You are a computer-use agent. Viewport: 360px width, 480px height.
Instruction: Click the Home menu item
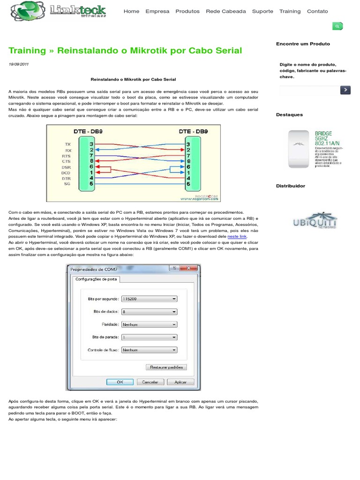click(x=131, y=11)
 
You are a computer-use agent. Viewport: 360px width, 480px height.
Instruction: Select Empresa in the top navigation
click(x=157, y=11)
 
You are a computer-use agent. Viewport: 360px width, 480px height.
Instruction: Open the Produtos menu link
click(x=187, y=11)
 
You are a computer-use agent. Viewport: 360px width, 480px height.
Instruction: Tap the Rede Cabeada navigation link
click(x=226, y=11)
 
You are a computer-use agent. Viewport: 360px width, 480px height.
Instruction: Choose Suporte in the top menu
click(x=262, y=11)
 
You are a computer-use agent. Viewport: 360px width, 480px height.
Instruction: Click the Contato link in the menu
click(x=317, y=11)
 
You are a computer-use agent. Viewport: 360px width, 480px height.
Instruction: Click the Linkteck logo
click(x=59, y=11)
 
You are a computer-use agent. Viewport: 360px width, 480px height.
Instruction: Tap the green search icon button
click(x=337, y=26)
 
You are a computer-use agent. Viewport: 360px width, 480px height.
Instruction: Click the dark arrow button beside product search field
click(x=345, y=90)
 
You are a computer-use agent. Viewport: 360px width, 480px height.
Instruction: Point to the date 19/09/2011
click(x=19, y=64)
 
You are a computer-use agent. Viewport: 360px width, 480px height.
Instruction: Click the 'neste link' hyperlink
click(x=237, y=237)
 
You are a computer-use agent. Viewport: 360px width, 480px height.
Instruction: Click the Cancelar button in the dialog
click(x=150, y=382)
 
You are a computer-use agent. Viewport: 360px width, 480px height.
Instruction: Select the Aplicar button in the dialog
click(x=180, y=382)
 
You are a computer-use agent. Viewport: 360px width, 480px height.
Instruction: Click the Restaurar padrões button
click(x=166, y=367)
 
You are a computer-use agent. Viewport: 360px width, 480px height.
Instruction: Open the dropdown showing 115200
click(x=149, y=299)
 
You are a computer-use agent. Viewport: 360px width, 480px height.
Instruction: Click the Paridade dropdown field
click(x=149, y=324)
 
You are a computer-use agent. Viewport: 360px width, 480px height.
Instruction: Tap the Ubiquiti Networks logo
click(x=315, y=221)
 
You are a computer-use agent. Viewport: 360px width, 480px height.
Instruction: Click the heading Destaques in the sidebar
click(x=289, y=115)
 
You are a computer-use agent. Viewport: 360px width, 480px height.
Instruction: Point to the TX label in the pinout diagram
click(x=67, y=144)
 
